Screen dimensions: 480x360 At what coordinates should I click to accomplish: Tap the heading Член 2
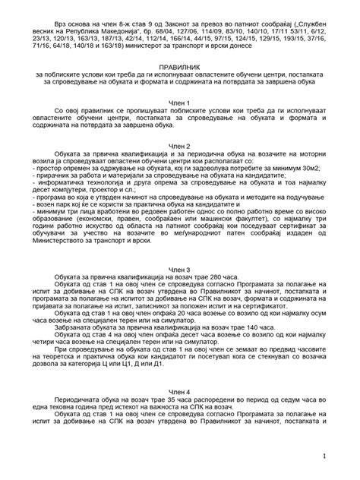(x=179, y=146)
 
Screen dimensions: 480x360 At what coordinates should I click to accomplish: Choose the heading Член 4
(x=179, y=393)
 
